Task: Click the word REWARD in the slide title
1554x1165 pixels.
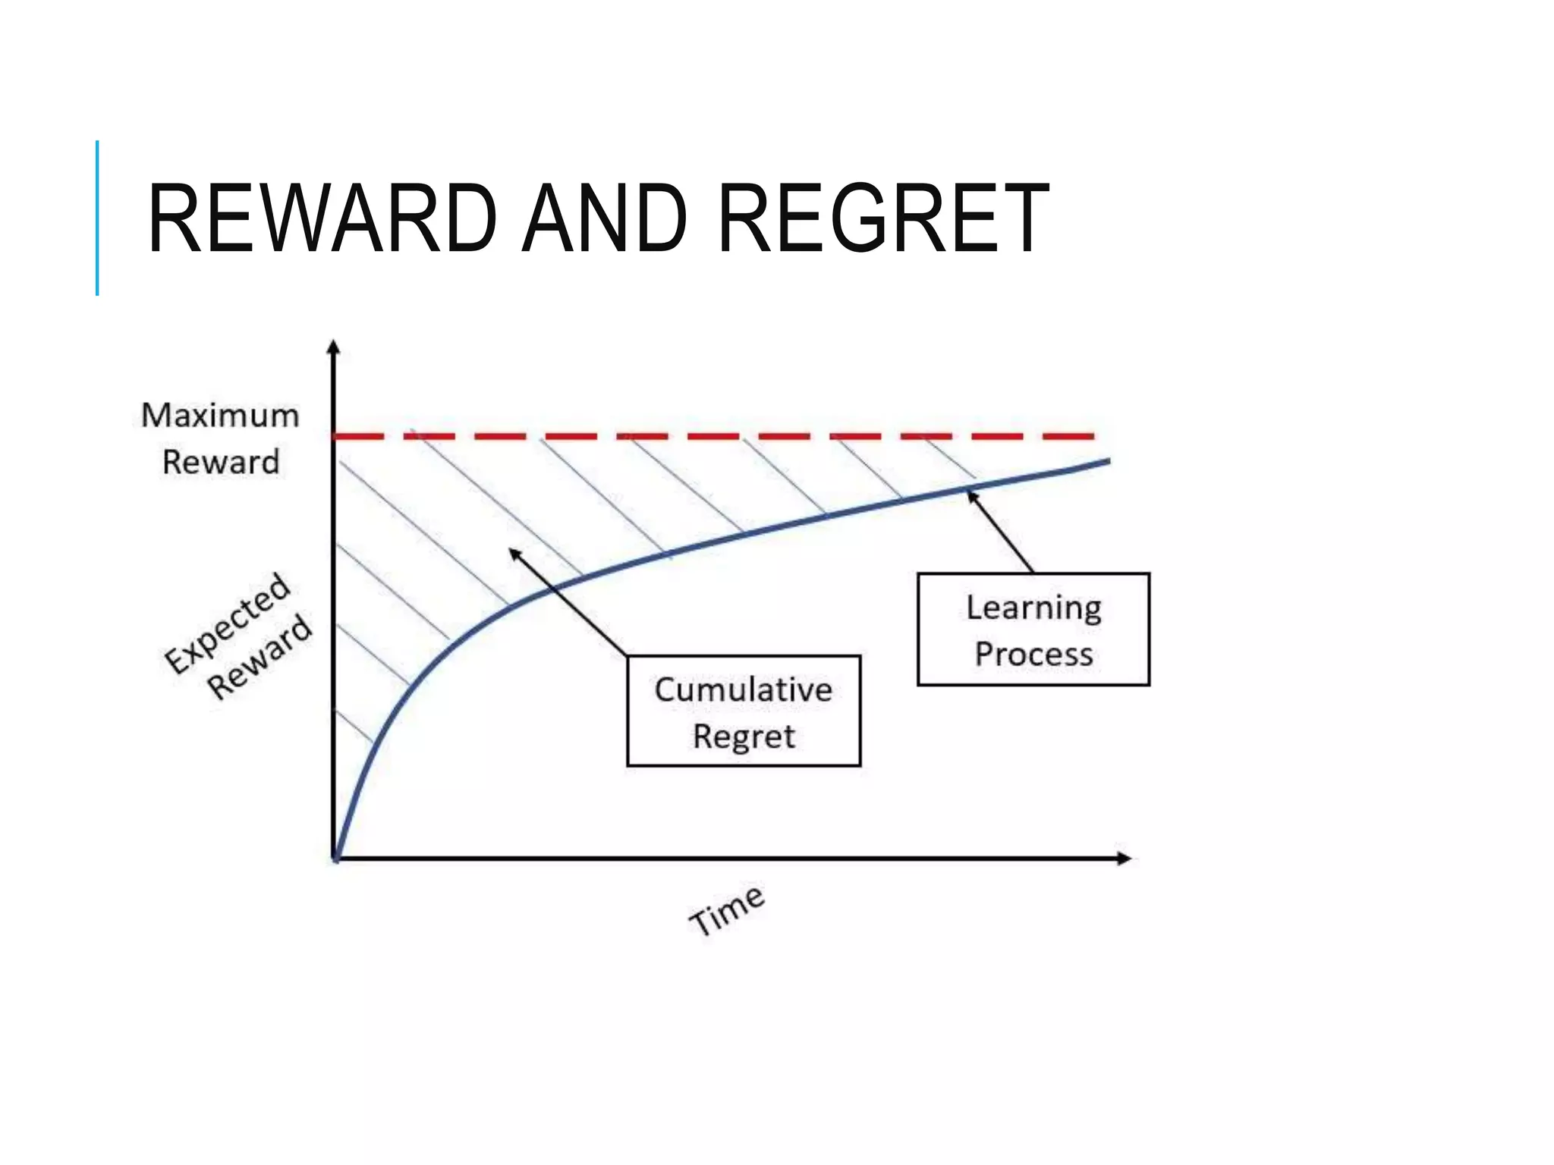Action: pos(322,219)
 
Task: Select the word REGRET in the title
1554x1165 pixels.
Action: pos(883,219)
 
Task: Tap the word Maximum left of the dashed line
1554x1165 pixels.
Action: pos(220,416)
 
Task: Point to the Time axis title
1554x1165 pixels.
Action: pos(727,910)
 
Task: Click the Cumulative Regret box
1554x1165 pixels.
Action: pos(744,711)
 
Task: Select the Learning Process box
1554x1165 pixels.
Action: pos(1033,630)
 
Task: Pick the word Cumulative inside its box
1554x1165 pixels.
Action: pos(744,689)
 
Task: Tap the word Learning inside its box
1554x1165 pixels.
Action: pos(1033,608)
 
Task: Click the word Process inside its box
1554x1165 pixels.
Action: pos(1033,654)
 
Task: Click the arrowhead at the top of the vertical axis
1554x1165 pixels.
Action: pos(333,347)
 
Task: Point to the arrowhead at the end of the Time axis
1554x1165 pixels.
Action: pos(1125,858)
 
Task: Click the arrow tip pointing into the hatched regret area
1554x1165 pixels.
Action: pos(513,552)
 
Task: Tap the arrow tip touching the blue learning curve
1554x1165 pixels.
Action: pos(970,495)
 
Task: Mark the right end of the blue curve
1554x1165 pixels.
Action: pos(1109,460)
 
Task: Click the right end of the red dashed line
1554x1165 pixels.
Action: pos(1091,436)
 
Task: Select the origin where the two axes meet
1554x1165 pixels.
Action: pos(335,858)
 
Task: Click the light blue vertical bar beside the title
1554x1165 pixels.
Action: pos(97,218)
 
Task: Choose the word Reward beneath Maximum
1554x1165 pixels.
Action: pos(221,462)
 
